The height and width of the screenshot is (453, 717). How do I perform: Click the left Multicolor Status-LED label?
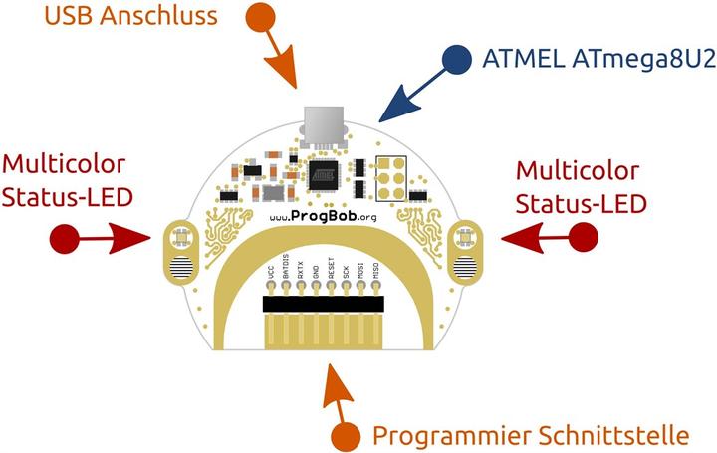pyautogui.click(x=67, y=181)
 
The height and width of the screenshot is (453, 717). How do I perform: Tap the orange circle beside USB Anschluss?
pyautogui.click(x=261, y=17)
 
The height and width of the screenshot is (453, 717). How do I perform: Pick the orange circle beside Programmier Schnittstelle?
pyautogui.click(x=345, y=435)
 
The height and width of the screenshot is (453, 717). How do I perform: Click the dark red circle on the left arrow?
pyautogui.click(x=64, y=239)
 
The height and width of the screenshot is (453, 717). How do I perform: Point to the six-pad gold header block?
pyautogui.click(x=389, y=176)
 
